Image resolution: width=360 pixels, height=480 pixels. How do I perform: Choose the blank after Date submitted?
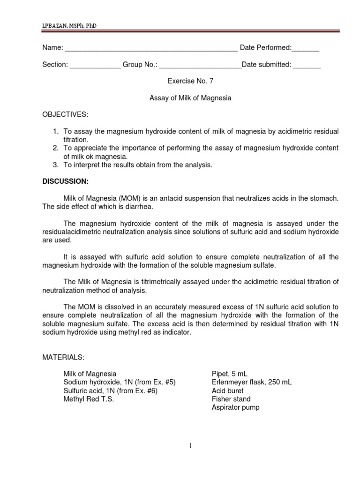(307, 66)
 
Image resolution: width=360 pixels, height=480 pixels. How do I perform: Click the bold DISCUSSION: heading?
(65, 181)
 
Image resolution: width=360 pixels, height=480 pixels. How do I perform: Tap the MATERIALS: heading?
(63, 357)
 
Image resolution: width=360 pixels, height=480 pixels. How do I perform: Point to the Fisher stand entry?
(231, 399)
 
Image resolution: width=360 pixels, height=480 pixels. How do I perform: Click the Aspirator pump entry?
(236, 408)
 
